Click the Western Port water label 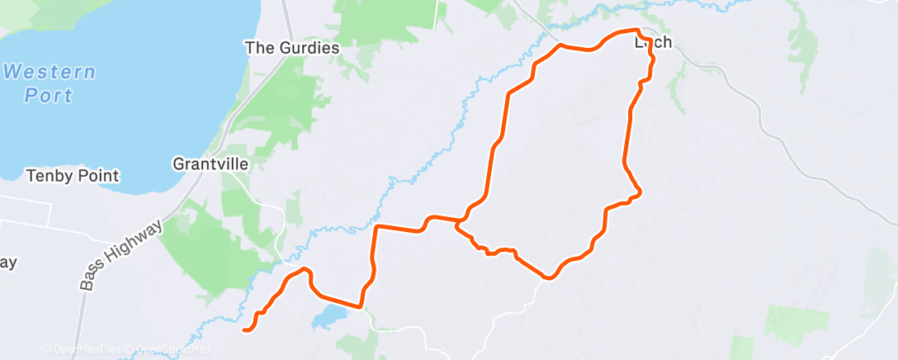[x=49, y=83]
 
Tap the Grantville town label [x=210, y=163]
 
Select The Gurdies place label [x=292, y=48]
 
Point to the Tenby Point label [x=73, y=176]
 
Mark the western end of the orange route [x=244, y=330]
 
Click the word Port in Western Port [x=49, y=96]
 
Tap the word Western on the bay [x=49, y=72]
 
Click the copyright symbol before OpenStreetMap [x=130, y=349]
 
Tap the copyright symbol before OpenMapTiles [x=45, y=349]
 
